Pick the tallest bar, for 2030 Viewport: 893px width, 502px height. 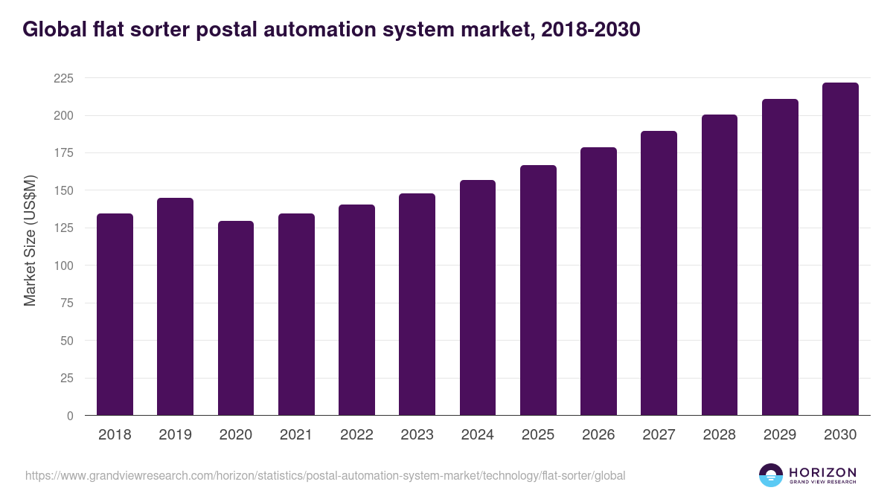coord(840,249)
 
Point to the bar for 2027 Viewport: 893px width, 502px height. coord(659,273)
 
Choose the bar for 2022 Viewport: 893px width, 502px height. coord(356,310)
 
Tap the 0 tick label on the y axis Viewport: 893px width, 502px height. coord(69,416)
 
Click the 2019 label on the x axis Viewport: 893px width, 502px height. coord(175,435)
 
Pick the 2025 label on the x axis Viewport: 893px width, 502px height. coord(538,435)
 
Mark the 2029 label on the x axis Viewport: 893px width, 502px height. coord(780,435)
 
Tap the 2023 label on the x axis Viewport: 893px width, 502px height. coord(417,435)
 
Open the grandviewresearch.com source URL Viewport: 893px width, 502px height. coord(325,475)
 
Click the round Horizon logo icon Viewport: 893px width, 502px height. coord(771,475)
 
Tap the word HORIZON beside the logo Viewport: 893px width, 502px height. coord(822,472)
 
